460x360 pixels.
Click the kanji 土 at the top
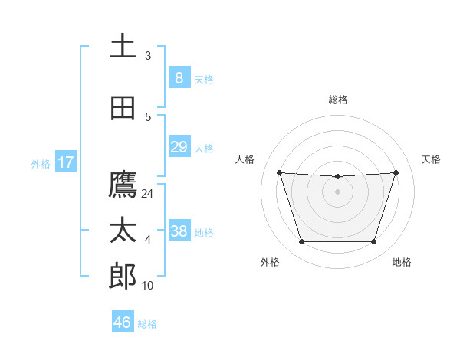point(123,46)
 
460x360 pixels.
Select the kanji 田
point(123,109)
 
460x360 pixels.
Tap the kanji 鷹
point(123,185)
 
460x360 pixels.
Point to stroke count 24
point(148,194)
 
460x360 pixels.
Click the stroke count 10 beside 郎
point(148,286)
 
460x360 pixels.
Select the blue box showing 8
point(179,78)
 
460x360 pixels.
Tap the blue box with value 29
point(179,147)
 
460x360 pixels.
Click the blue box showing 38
point(179,231)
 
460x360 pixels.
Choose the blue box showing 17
point(66,162)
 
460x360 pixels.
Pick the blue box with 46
point(122,322)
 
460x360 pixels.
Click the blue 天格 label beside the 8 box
point(204,80)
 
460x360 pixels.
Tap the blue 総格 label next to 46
point(147,324)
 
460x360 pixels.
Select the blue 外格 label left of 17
point(40,163)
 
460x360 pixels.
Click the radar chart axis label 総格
point(337,100)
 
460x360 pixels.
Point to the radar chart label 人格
point(245,159)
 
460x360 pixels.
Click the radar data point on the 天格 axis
point(396,173)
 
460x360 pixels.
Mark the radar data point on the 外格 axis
point(301,242)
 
